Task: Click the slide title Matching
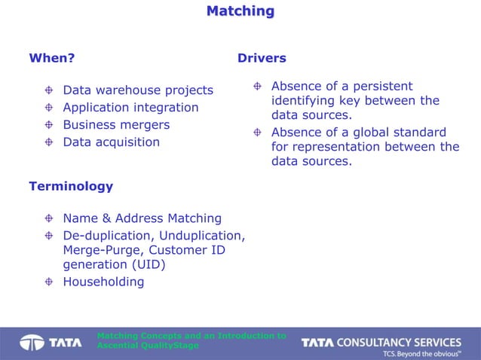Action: pyautogui.click(x=240, y=11)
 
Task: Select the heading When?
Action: pyautogui.click(x=51, y=58)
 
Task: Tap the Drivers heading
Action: pyautogui.click(x=262, y=58)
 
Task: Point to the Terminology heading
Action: pyautogui.click(x=71, y=186)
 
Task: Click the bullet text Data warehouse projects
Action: pyautogui.click(x=138, y=90)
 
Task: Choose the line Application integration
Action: pyautogui.click(x=130, y=108)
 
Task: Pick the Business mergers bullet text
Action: pyautogui.click(x=116, y=125)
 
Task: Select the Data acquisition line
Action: pyautogui.click(x=112, y=142)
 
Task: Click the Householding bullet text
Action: pyautogui.click(x=103, y=282)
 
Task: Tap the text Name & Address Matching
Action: pyautogui.click(x=142, y=218)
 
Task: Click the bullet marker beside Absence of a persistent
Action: pyautogui.click(x=258, y=86)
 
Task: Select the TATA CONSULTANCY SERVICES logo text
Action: pyautogui.click(x=381, y=343)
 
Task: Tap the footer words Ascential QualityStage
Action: pyautogui.click(x=148, y=346)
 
